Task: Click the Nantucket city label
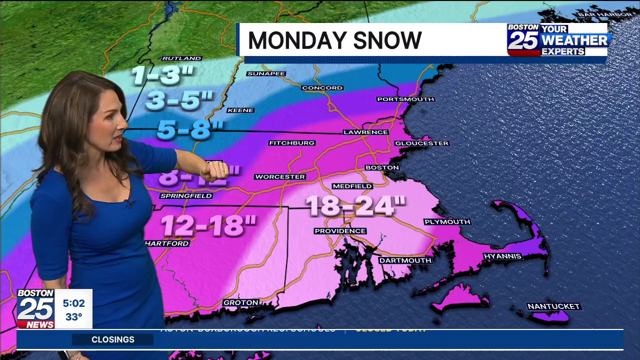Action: (x=553, y=306)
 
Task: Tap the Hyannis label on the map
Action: (x=502, y=256)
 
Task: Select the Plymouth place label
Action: (x=447, y=221)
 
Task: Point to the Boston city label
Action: (x=382, y=167)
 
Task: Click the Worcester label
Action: (x=280, y=176)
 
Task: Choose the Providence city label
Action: (x=340, y=231)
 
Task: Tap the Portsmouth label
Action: (x=405, y=99)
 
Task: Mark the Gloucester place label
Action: (x=421, y=143)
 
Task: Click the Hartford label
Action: (x=167, y=243)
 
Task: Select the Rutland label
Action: (x=181, y=58)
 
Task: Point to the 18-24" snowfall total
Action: (x=355, y=205)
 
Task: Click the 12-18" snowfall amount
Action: (x=208, y=225)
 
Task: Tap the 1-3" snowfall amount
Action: (x=162, y=75)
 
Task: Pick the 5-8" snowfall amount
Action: (x=190, y=130)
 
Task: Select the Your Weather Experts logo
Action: (x=558, y=39)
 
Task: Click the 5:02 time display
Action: (x=73, y=303)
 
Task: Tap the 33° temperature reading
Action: (x=73, y=317)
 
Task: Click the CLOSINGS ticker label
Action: (x=113, y=339)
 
